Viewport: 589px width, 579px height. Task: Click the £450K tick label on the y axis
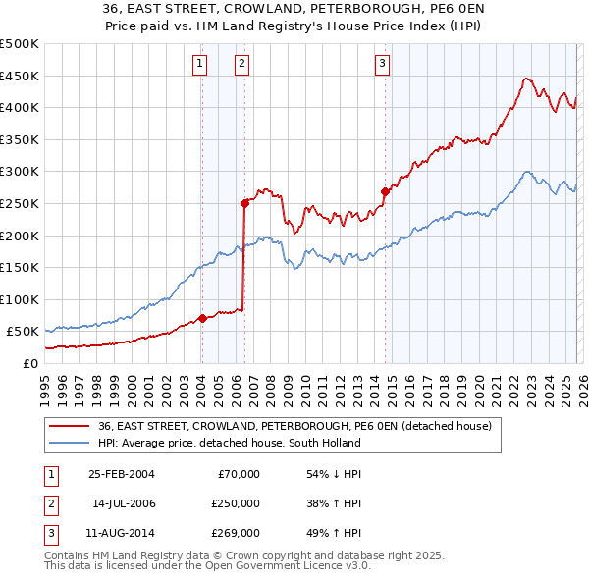coord(20,76)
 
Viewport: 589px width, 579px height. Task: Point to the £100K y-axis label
coord(20,299)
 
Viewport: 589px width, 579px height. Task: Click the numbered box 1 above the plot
coord(200,65)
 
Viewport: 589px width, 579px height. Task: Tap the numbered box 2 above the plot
coord(241,65)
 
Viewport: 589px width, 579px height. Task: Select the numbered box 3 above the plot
coord(382,65)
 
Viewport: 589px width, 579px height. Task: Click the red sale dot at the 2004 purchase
coord(202,318)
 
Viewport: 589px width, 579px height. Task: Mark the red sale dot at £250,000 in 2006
coord(244,203)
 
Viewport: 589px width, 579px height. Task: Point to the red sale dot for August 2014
coord(385,192)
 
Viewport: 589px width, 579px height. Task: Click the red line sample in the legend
coord(71,426)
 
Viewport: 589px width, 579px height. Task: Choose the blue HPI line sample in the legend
coord(71,443)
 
